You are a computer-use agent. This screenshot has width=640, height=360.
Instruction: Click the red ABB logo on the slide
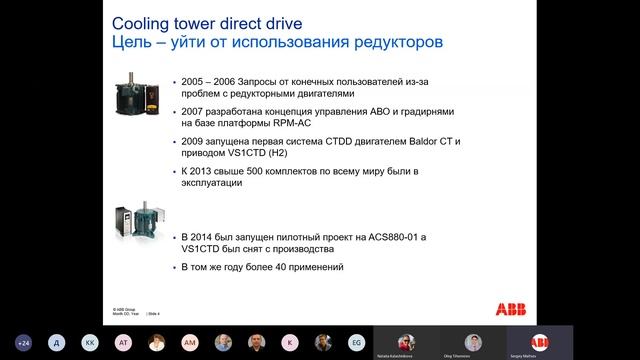tap(492, 308)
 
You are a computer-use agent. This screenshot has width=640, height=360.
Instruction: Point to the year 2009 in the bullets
tap(193, 141)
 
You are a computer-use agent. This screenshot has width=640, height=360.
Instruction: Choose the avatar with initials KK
tap(91, 341)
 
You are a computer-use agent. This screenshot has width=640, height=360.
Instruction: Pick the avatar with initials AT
tap(124, 341)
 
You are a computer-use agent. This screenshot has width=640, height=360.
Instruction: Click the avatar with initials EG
tap(355, 341)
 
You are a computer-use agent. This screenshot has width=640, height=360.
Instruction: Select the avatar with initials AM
tap(190, 341)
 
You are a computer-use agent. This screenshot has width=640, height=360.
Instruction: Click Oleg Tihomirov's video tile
tap(474, 341)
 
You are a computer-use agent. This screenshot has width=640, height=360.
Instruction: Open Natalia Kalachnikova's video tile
tap(408, 341)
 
